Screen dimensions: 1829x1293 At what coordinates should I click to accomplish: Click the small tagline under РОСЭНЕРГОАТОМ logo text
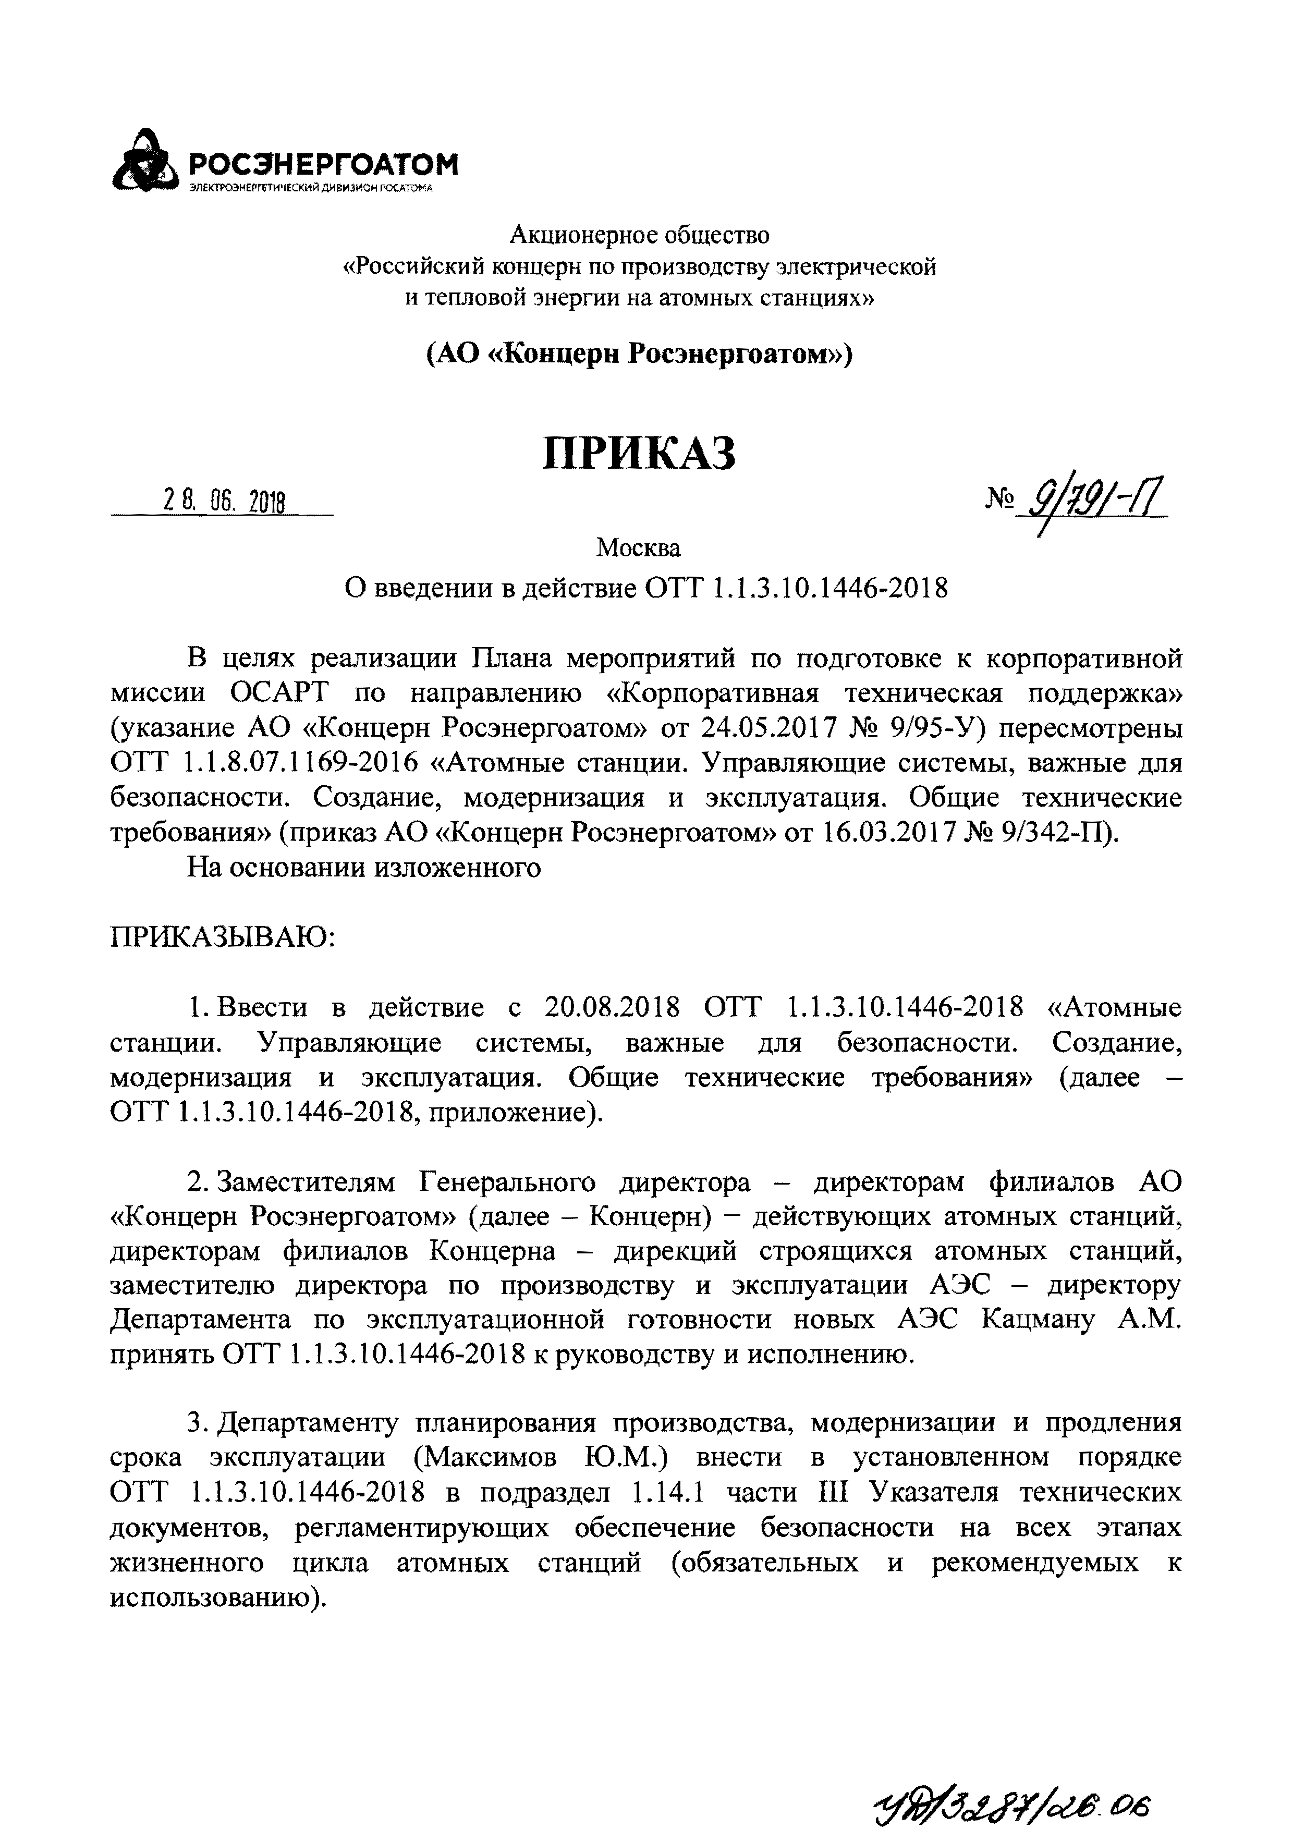(311, 188)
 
